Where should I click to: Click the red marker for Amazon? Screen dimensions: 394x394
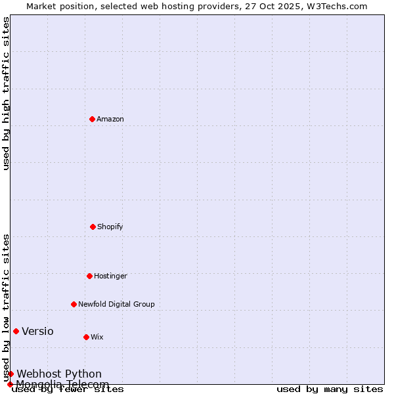coord(92,119)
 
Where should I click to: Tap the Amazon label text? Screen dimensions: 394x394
coord(110,120)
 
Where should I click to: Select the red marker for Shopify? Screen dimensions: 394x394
coord(93,227)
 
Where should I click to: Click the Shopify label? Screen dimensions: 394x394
coord(110,227)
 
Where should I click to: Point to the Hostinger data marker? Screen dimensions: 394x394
coord(89,276)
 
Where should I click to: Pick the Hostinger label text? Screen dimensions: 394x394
coord(110,276)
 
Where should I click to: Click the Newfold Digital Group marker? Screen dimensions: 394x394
coord(74,304)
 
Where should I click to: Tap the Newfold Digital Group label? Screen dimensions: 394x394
coord(116,305)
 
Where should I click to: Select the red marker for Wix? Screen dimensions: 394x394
coord(86,337)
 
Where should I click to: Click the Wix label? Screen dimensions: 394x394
coord(97,338)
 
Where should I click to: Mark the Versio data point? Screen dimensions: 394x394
coord(16,331)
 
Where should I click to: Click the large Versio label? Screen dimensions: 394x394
coord(37,332)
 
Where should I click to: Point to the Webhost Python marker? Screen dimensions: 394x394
coord(11,374)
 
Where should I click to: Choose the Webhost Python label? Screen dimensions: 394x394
coord(59,374)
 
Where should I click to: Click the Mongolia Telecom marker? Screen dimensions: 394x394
coord(10,384)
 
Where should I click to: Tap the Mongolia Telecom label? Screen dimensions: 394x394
coord(62,384)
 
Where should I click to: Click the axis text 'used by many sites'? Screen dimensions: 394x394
coord(330,389)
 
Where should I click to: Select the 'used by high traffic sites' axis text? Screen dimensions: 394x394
coord(7,93)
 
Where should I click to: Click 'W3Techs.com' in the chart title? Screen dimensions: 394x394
coord(335,6)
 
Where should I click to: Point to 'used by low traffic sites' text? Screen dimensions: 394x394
coord(7,307)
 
